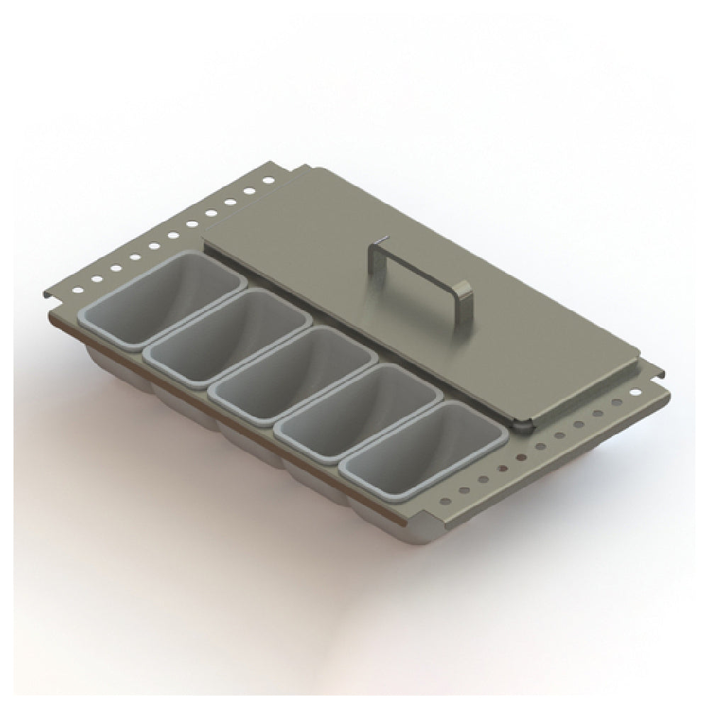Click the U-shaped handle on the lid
415,266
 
